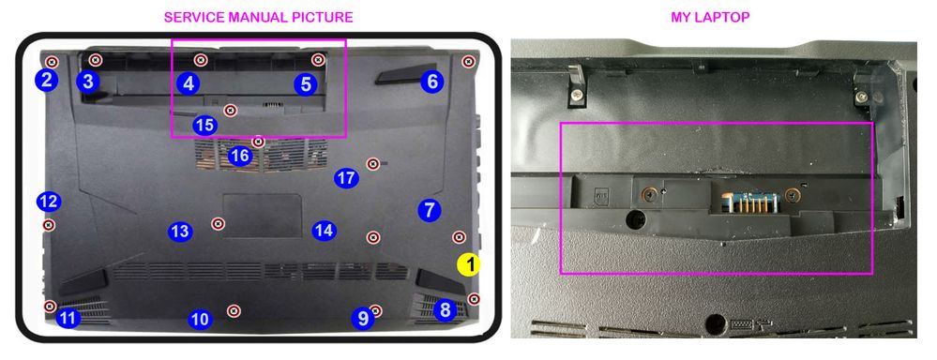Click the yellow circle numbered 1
[x=469, y=264]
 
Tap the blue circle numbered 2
[x=46, y=80]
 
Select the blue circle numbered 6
[x=432, y=82]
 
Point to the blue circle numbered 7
[x=429, y=210]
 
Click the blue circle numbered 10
[x=200, y=320]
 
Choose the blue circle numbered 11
[x=68, y=318]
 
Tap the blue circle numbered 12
[x=49, y=202]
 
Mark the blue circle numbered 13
[x=180, y=231]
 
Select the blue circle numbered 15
[x=205, y=126]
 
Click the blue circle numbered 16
[x=240, y=157]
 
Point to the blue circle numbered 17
[x=346, y=178]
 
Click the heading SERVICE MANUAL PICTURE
[x=258, y=17]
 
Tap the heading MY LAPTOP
[x=710, y=17]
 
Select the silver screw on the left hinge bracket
[x=577, y=95]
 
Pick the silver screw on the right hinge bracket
[x=860, y=97]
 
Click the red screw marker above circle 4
[x=201, y=60]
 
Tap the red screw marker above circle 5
[x=318, y=60]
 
